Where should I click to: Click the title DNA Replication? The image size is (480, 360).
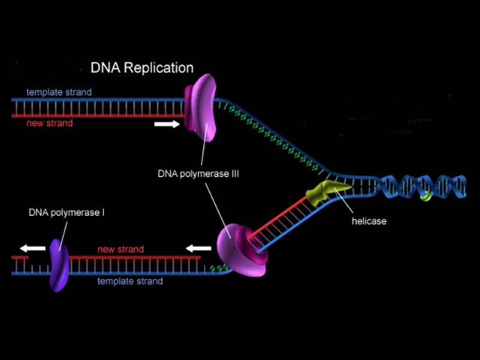142,68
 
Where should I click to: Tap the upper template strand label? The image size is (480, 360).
59,92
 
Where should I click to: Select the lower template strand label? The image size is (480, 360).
130,281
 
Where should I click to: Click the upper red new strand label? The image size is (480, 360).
50,123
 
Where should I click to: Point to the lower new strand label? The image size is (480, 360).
121,249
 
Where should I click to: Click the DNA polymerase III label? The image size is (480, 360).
194,174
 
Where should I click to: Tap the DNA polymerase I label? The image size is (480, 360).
67,212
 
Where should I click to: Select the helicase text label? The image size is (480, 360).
369,221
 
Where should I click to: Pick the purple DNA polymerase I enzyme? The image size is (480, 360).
57,264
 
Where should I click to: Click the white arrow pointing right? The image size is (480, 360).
166,124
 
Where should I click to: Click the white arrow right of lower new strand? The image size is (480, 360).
198,248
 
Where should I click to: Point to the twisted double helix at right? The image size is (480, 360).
420,187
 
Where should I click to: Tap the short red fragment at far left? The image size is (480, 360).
19,257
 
